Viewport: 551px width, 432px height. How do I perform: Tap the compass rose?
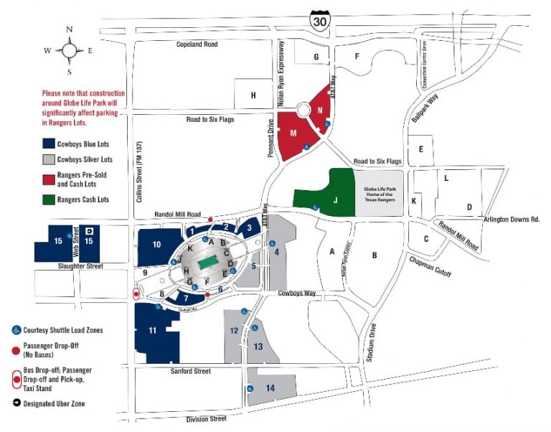click(70, 51)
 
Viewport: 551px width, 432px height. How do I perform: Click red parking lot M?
click(293, 133)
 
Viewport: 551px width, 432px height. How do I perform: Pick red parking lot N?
click(321, 110)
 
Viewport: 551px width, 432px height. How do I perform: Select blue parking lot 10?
click(156, 245)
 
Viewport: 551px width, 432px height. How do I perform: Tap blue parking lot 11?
click(152, 331)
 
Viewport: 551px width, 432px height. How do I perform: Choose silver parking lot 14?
click(270, 388)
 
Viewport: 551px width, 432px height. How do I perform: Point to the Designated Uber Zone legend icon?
click(17, 404)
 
